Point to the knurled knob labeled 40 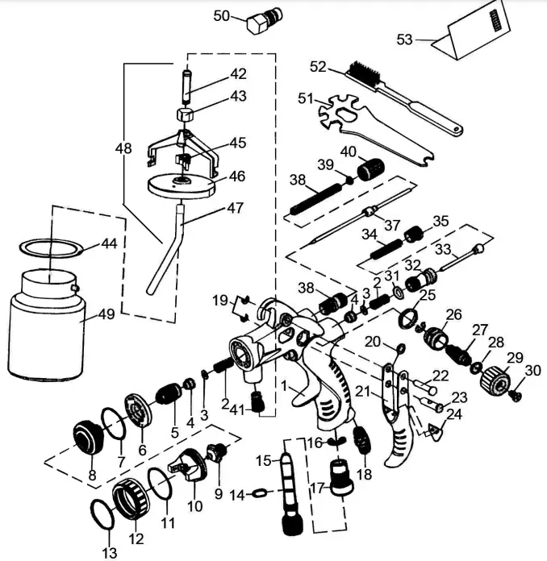coord(369,170)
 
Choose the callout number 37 coord(392,225)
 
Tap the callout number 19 coord(220,301)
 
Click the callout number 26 coord(454,314)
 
